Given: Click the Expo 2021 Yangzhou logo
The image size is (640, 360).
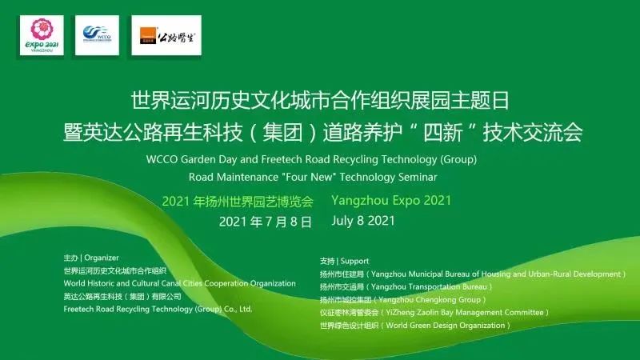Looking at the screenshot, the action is click(42, 35).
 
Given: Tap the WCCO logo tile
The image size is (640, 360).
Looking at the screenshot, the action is click(97, 35).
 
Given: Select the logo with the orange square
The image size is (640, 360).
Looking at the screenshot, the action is click(166, 35).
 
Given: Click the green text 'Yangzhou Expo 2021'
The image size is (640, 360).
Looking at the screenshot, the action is click(391, 201).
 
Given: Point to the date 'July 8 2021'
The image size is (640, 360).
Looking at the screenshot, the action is click(363, 221).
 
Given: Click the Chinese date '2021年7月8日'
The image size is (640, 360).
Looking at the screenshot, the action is click(266, 222).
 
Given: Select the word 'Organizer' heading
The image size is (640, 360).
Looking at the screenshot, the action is click(102, 258).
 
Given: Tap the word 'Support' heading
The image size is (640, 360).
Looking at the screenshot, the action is click(354, 262).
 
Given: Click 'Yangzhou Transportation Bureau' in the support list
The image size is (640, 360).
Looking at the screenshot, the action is click(429, 287).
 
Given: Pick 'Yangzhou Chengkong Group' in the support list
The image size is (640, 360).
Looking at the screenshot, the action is click(430, 299).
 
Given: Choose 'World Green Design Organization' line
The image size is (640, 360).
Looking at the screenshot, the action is click(446, 326).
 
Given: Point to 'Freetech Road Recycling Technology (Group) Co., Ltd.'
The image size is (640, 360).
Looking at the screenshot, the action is click(158, 309).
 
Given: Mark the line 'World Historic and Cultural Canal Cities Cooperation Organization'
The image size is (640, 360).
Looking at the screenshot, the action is click(179, 283).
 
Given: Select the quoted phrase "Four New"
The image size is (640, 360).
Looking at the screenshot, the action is click(309, 177).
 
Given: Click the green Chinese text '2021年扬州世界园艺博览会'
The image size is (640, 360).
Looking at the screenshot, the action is click(238, 202).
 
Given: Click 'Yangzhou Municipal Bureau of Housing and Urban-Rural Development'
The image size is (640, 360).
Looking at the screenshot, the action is click(495, 274).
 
